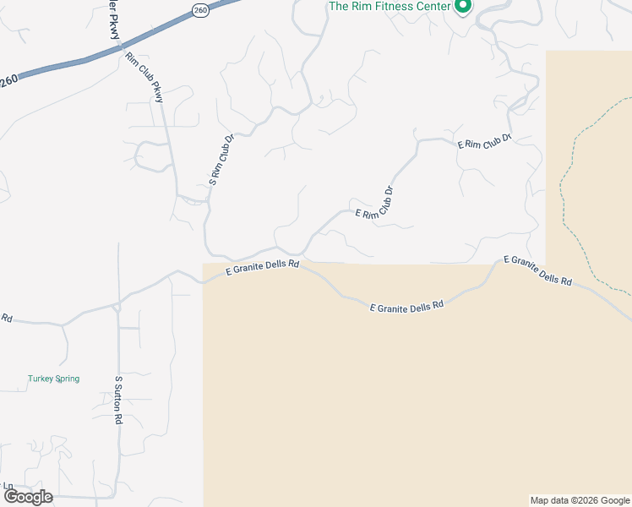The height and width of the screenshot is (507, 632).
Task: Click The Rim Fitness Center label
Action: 389,6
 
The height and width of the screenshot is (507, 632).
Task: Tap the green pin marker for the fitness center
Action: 462,7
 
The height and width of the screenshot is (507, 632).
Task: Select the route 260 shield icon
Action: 199,10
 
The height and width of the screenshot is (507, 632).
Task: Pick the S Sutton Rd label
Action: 119,401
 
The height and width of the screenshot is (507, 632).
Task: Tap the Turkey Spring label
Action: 53,379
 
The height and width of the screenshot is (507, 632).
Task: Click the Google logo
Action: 29,496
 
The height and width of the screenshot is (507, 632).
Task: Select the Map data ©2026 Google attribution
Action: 580,500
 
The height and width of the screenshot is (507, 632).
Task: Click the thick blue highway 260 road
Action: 84,60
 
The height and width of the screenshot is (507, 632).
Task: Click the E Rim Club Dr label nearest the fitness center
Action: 485,141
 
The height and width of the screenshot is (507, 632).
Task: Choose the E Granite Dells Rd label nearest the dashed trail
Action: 538,270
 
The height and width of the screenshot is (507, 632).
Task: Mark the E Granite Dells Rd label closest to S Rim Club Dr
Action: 263,268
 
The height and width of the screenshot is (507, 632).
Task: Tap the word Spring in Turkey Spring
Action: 67,379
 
